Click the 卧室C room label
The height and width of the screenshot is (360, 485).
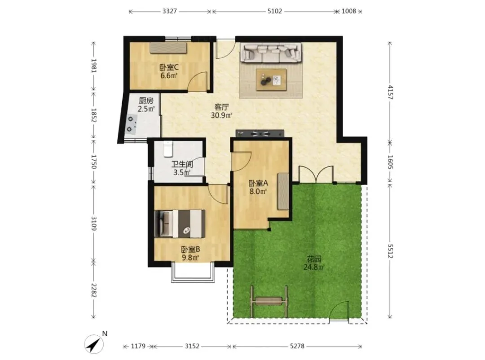click(169, 67)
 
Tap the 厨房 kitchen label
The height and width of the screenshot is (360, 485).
click(146, 101)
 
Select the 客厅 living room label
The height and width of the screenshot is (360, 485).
click(221, 107)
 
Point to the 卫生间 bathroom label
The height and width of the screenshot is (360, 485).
click(182, 164)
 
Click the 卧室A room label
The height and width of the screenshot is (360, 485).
click(258, 183)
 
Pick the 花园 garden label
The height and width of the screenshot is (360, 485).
click(313, 259)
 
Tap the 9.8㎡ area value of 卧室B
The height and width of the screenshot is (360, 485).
click(190, 257)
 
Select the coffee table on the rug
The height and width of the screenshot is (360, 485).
click(271, 80)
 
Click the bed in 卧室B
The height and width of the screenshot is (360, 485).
click(180, 224)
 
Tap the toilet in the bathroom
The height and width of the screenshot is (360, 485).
click(168, 149)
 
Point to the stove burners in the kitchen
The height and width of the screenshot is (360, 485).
click(132, 125)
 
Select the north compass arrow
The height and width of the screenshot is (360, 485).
click(94, 344)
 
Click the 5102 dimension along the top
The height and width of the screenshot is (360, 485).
click(275, 11)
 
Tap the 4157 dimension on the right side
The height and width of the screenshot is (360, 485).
click(390, 92)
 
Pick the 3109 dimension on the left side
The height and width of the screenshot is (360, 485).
click(94, 223)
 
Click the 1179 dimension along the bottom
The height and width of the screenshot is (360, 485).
click(138, 346)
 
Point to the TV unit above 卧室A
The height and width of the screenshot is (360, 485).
click(260, 134)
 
